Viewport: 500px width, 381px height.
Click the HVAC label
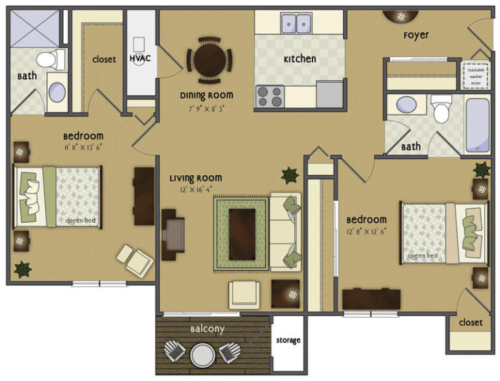[140, 59]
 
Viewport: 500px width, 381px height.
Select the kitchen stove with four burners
[270, 96]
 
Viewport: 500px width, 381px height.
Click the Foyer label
[415, 35]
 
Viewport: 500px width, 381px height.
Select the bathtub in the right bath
[477, 124]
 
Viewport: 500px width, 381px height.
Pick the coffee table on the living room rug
[242, 233]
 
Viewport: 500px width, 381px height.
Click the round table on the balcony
[202, 355]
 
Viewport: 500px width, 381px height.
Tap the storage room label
[288, 341]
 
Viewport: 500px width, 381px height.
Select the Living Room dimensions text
[195, 190]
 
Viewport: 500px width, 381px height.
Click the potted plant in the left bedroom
[22, 268]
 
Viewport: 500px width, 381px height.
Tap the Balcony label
[207, 329]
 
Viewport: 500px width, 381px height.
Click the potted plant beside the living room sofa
[289, 175]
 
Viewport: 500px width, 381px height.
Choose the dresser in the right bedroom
[371, 299]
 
